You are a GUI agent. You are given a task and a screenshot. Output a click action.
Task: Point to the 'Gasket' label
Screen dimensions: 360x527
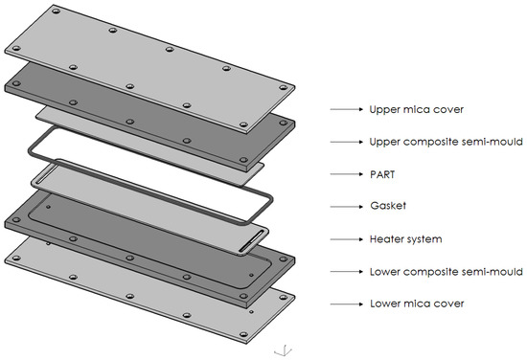click(x=387, y=207)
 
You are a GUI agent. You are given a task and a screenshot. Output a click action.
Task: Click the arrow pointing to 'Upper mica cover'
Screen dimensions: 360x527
click(x=345, y=110)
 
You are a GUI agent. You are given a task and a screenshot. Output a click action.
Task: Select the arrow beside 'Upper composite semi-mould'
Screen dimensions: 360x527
click(x=345, y=142)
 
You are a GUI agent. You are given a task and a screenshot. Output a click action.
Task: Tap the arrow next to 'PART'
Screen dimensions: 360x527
click(x=345, y=174)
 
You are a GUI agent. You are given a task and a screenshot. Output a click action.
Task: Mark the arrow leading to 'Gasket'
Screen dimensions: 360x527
click(x=345, y=207)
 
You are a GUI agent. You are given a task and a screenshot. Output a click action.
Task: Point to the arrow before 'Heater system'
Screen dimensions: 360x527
click(x=345, y=239)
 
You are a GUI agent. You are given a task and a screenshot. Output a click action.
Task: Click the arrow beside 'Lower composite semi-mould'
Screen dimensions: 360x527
click(x=345, y=272)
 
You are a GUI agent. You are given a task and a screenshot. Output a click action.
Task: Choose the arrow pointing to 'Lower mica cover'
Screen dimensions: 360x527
click(x=345, y=304)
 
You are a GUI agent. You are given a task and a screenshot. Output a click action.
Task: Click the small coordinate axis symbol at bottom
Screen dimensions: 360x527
click(x=279, y=349)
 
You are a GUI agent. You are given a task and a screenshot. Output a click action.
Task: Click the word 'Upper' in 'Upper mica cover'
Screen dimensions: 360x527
click(x=385, y=110)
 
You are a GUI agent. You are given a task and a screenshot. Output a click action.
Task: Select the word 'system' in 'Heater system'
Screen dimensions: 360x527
click(x=419, y=239)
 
